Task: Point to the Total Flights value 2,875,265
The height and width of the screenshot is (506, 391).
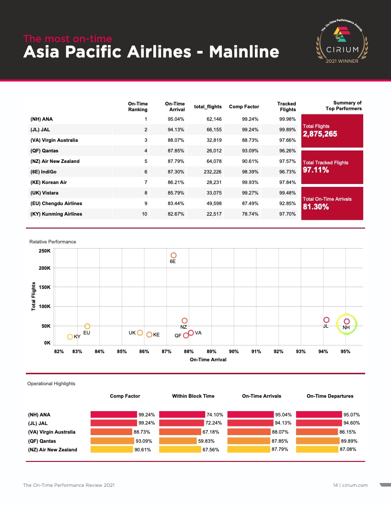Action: (320, 134)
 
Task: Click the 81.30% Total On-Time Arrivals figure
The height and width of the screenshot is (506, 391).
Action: (316, 207)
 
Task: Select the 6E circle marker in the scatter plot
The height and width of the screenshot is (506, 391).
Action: (173, 255)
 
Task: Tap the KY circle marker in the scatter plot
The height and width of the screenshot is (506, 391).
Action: (70, 337)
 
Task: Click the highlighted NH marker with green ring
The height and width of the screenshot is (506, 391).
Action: (346, 322)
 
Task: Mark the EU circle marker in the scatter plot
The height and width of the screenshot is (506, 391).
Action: (87, 326)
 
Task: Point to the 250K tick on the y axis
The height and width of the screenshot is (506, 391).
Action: (44, 251)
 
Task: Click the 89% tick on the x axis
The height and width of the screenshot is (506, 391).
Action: (211, 352)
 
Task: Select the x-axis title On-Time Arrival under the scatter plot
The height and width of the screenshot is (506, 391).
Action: (208, 360)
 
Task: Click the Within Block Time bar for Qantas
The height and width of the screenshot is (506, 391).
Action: (178, 441)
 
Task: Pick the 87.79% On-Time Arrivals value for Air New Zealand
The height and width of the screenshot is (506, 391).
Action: (281, 449)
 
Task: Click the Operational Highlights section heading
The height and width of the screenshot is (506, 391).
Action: (51, 383)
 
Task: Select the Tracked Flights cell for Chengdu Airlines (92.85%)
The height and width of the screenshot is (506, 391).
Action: (287, 203)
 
